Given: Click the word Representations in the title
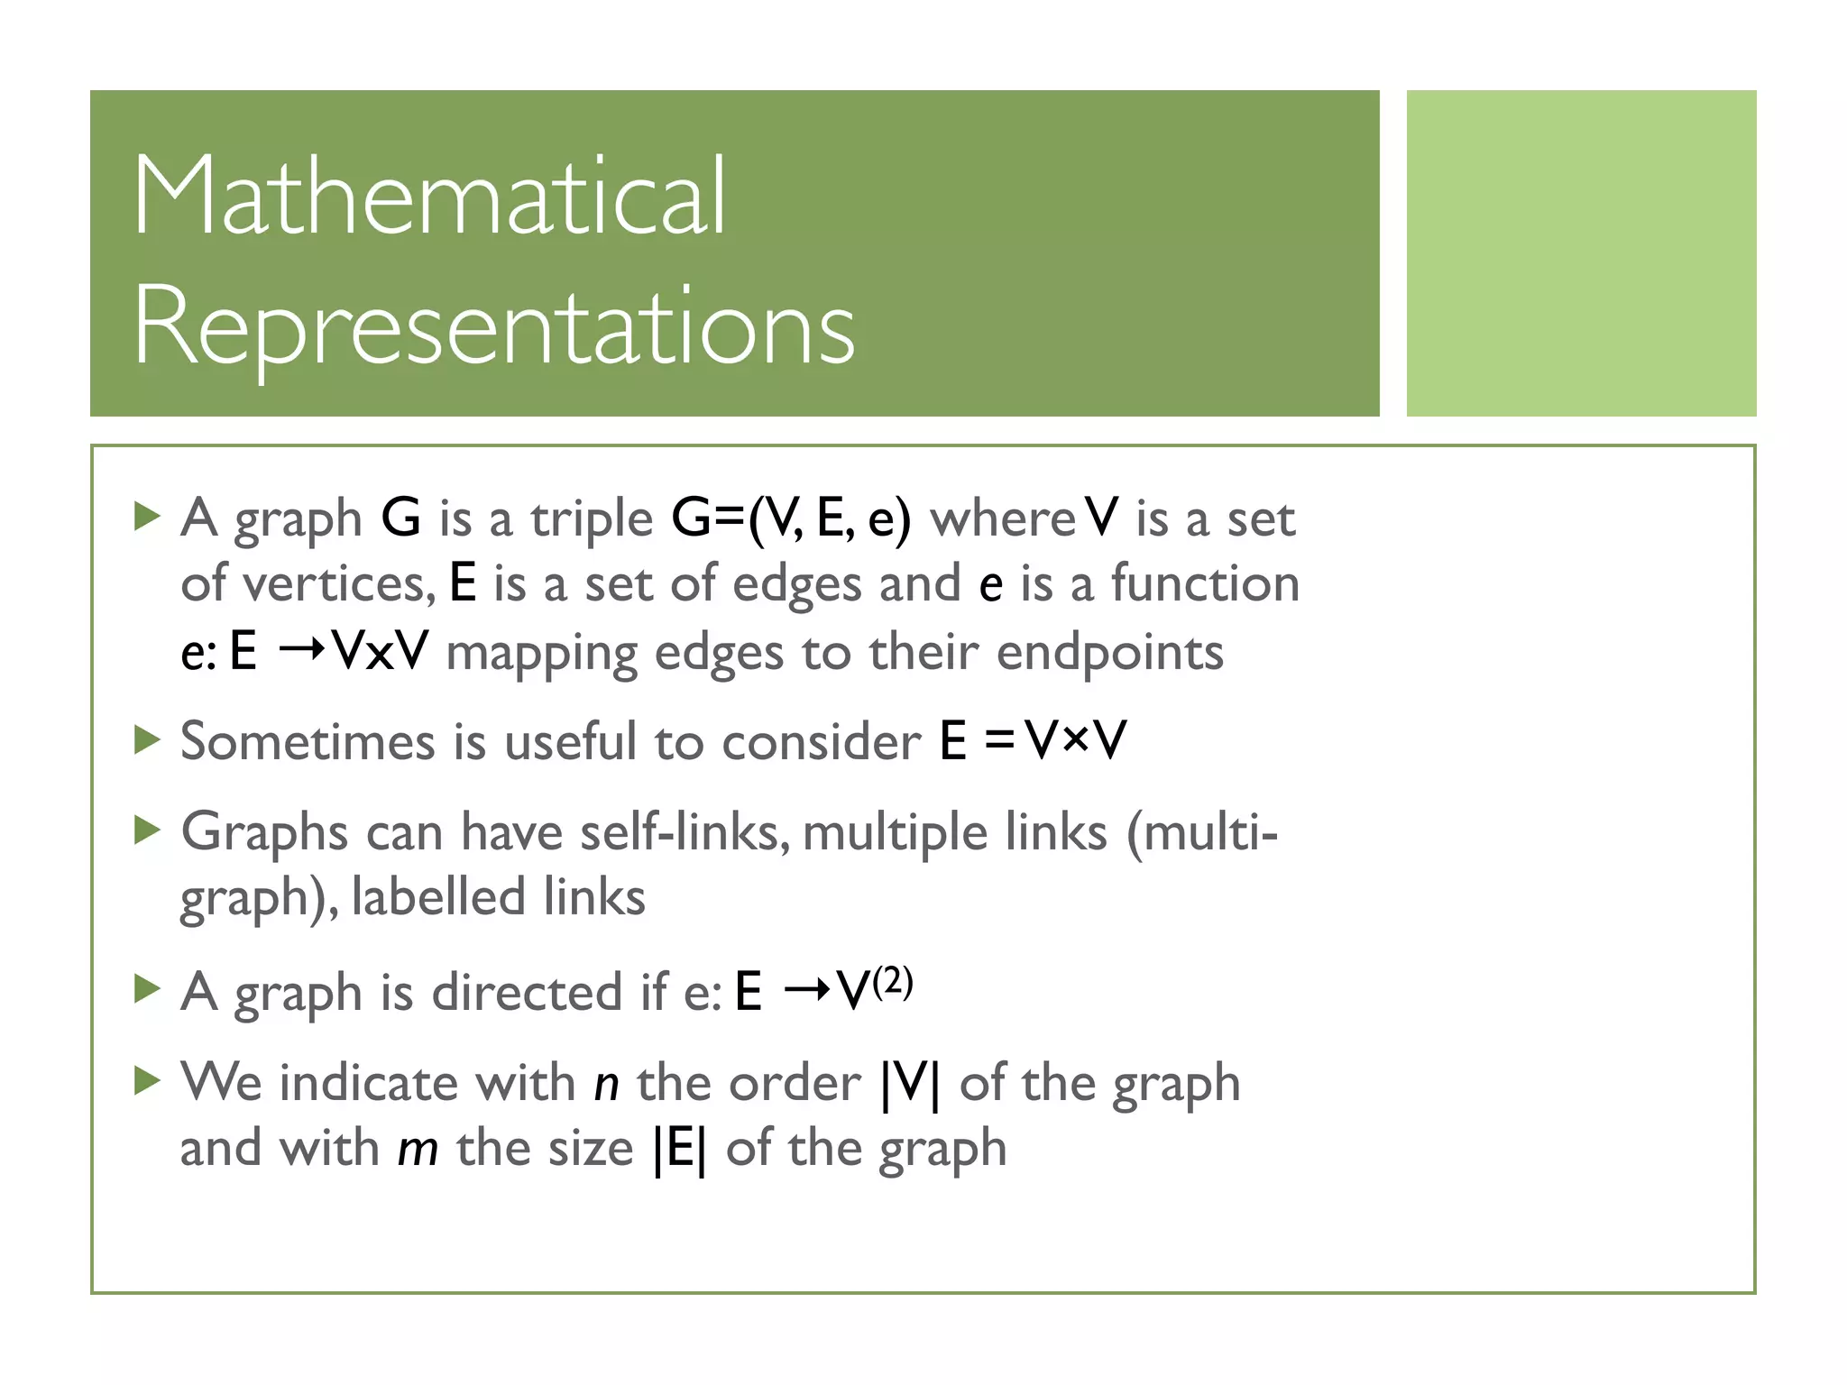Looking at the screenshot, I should click(x=494, y=326).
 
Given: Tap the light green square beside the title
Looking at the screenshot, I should click(x=1581, y=253).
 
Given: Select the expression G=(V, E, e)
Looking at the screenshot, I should click(x=791, y=518).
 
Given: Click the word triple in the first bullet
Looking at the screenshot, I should click(x=592, y=520).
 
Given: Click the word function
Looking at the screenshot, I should click(x=1205, y=583).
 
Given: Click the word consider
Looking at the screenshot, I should click(x=821, y=742).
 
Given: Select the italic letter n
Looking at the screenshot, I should click(x=606, y=1084).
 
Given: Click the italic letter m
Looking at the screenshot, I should click(x=418, y=1150).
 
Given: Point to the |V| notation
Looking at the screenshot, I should click(x=910, y=1083).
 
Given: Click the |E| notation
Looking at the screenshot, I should click(x=680, y=1150).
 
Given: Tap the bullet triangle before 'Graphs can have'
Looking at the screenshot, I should click(x=146, y=830).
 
